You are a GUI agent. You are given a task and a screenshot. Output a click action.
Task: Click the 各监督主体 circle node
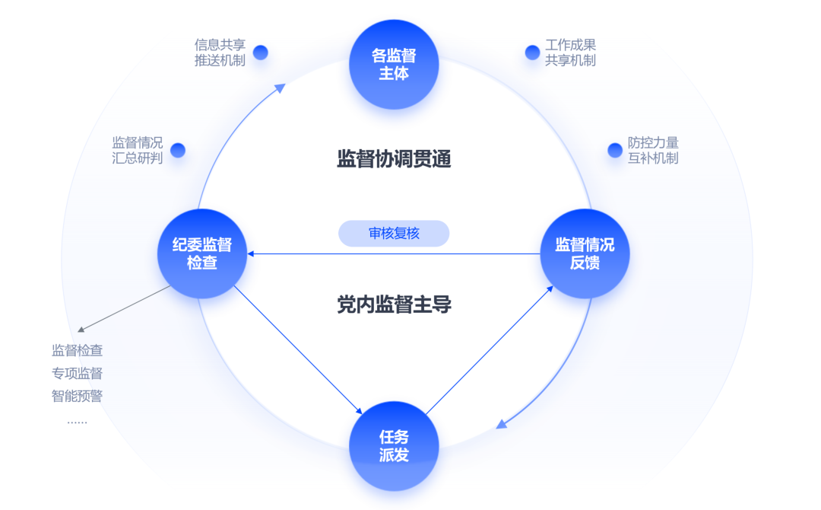[x=394, y=65]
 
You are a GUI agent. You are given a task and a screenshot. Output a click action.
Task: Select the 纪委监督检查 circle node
[x=202, y=253]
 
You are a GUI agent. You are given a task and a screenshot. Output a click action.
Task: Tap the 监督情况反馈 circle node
[x=585, y=253]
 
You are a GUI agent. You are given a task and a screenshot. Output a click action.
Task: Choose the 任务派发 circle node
[x=394, y=446]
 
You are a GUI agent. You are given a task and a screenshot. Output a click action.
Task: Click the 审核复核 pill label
[x=394, y=234]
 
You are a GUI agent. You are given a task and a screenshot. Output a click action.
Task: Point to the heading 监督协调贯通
[x=394, y=159]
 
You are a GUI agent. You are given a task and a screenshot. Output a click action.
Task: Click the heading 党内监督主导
[x=394, y=305]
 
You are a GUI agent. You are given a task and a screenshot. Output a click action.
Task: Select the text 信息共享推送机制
[x=220, y=53]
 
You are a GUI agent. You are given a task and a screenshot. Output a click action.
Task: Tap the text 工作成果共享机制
[x=570, y=53]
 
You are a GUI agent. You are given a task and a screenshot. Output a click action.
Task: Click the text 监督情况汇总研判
[x=138, y=150]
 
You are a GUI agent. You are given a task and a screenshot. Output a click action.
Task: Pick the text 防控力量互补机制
[x=653, y=150]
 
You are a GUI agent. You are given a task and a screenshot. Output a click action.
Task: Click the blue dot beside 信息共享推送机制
[x=261, y=53]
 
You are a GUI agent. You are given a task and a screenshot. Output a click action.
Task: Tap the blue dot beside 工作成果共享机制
[x=532, y=53]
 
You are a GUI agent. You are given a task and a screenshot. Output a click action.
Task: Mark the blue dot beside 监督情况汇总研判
[x=178, y=150]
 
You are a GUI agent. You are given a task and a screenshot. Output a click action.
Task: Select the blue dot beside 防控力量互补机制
[x=615, y=150]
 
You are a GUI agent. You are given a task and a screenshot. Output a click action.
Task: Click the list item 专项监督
[x=77, y=373]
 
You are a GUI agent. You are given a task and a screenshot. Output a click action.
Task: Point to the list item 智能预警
[x=77, y=396]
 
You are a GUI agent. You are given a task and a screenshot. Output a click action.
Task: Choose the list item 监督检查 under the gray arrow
[x=77, y=351]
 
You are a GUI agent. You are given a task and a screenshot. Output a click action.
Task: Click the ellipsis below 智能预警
[x=77, y=421]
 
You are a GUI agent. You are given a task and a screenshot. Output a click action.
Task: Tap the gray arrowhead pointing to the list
[x=81, y=330]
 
